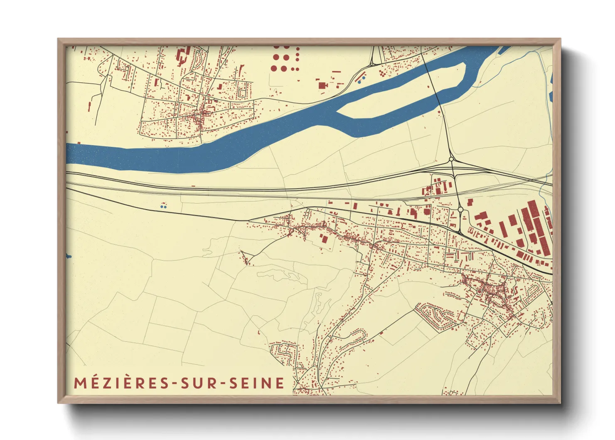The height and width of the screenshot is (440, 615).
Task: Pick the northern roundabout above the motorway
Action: pyautogui.click(x=451, y=159)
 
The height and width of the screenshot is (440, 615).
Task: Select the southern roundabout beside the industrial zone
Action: pyautogui.click(x=460, y=210)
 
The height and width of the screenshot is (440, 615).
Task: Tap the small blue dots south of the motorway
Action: pyautogui.click(x=163, y=206)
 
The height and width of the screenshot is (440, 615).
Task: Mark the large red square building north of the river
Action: pyautogui.click(x=322, y=85)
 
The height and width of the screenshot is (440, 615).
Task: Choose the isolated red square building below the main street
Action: pyautogui.click(x=323, y=238)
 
